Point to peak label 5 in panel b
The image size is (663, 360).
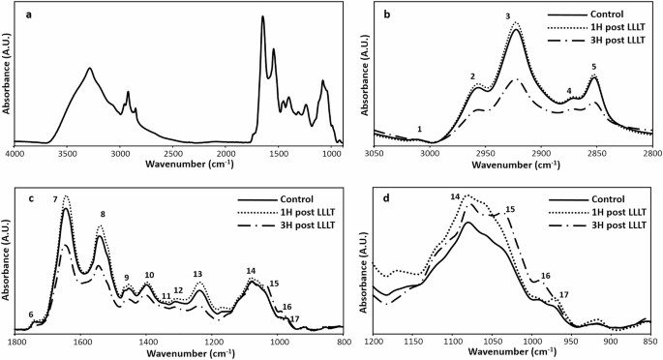tap(593, 67)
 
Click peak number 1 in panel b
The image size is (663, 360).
tap(419, 129)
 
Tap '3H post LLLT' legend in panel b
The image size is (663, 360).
tap(616, 43)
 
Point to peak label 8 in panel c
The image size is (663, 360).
tap(103, 214)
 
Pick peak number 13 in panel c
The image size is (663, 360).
tap(197, 274)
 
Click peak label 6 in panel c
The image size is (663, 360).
tap(30, 315)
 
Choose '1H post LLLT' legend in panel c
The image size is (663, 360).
tap(291, 219)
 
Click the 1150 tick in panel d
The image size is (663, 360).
tap(413, 341)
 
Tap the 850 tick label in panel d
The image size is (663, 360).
tap(648, 341)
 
